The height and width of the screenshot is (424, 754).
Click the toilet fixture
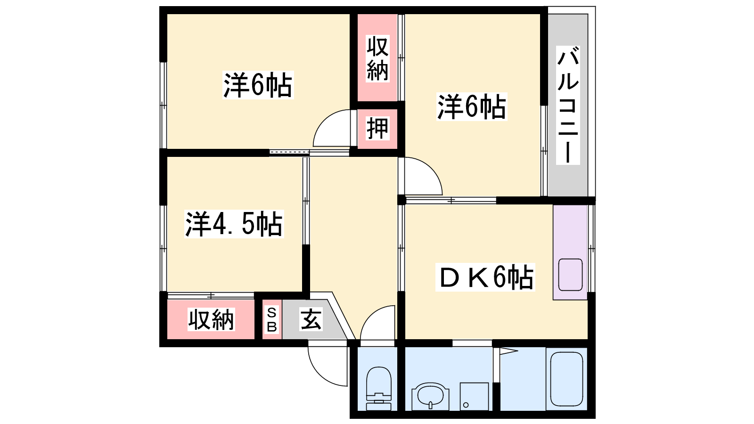click(379, 388)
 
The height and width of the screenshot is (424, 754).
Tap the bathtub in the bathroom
click(566, 379)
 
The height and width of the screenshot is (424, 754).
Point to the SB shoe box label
click(271, 320)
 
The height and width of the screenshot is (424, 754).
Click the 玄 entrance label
click(311, 319)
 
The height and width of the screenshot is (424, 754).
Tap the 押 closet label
click(377, 128)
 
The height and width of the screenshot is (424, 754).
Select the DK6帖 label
click(485, 277)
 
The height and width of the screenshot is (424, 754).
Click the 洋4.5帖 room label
click(234, 224)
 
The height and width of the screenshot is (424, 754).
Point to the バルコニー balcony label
click(568, 105)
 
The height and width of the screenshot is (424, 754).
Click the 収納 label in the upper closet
click(377, 58)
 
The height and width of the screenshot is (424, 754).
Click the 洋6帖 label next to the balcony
click(472, 106)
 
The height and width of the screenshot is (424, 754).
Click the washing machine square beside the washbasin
click(474, 396)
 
